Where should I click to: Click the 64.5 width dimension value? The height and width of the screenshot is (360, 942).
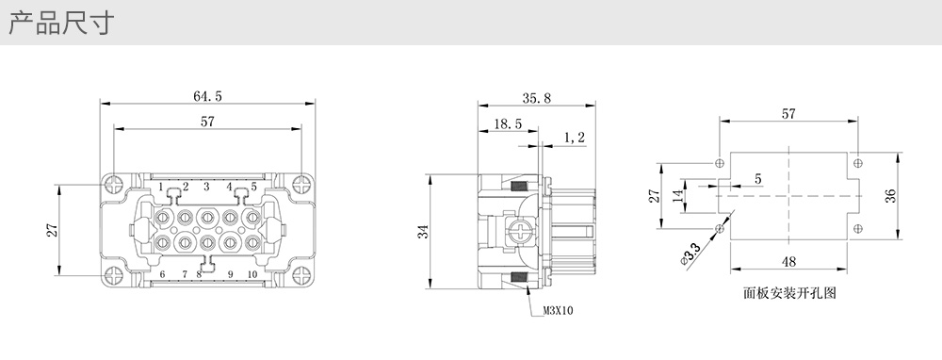point(207,96)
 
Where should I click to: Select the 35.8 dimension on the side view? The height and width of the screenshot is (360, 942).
point(536,99)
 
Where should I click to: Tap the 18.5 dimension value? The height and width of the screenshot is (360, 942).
point(508,124)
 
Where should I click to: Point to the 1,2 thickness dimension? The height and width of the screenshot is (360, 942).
point(575,138)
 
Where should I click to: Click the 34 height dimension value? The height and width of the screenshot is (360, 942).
point(424,232)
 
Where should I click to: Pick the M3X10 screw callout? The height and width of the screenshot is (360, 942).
point(558,311)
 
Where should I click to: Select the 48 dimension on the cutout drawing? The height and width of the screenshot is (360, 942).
point(788,261)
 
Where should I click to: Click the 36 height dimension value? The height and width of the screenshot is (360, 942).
point(890,196)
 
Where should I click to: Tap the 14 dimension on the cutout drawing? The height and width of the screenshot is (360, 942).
point(678,195)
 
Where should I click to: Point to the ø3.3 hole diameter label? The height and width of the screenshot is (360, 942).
point(690,254)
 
